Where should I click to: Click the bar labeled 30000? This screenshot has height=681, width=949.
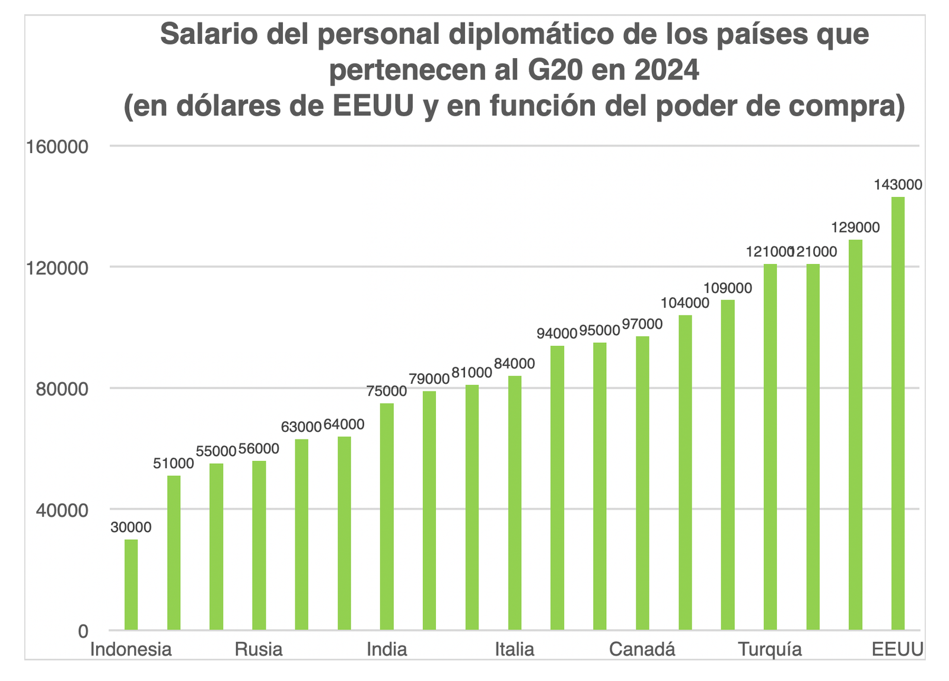(131, 585)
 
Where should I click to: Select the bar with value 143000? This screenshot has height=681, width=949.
(898, 413)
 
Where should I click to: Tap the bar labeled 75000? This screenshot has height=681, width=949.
(387, 517)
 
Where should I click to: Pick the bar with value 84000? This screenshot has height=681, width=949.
(515, 503)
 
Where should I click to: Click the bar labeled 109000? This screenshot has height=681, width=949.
(728, 465)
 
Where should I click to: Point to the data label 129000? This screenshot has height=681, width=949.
(855, 228)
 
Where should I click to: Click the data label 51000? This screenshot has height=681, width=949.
(173, 464)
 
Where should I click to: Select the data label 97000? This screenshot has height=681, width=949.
(642, 324)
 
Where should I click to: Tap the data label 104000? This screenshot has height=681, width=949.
(685, 303)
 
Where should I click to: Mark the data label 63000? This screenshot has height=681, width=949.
(301, 427)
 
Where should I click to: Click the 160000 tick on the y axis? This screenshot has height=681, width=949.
(57, 147)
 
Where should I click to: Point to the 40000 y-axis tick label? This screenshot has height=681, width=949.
(62, 510)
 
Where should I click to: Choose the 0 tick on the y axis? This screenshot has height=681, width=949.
(83, 631)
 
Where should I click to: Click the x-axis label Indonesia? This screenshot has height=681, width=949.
(131, 649)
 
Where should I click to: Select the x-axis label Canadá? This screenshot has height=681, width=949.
(642, 649)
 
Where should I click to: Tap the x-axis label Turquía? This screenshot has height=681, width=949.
(770, 650)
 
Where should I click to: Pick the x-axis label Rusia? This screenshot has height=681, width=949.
(259, 649)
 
